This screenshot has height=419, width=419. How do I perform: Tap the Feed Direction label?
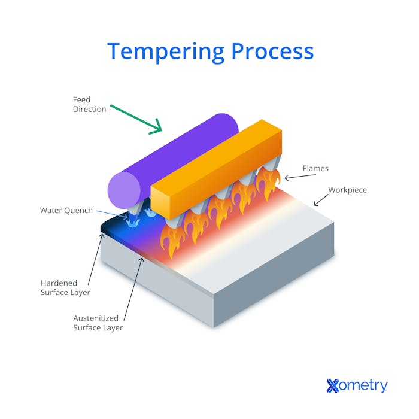click(x=89, y=104)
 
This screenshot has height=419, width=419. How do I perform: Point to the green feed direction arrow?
click(x=136, y=118)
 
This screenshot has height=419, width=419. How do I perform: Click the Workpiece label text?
click(x=347, y=190)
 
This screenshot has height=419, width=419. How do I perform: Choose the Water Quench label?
click(x=66, y=210)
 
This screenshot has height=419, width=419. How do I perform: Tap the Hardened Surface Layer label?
click(x=65, y=287)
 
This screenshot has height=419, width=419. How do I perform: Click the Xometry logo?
click(x=357, y=386)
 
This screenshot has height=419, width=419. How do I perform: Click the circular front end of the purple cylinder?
click(x=124, y=190)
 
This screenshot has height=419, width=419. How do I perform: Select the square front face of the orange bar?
click(x=166, y=202)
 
